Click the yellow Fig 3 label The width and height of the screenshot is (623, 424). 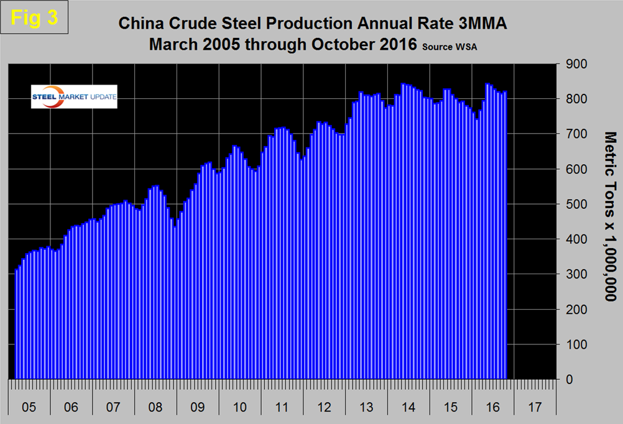click(x=35, y=17)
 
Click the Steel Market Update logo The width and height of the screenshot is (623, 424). click(x=74, y=96)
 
